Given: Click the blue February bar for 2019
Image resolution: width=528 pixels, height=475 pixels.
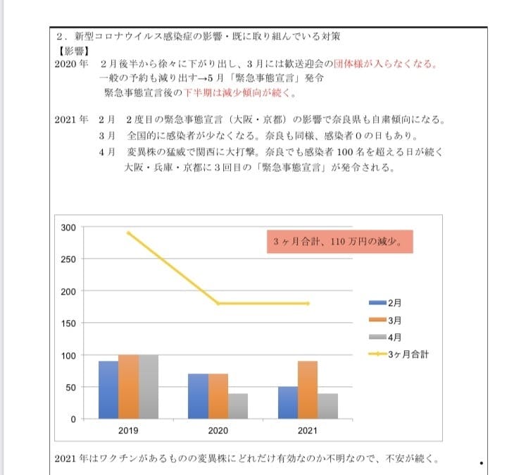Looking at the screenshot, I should coord(108,390).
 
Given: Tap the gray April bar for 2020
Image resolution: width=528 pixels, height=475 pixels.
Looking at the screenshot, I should coord(238,406).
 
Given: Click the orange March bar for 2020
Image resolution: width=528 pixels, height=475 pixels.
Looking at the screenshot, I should coord(218,396).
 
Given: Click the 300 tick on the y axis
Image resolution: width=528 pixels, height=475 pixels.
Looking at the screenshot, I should coord(69,227).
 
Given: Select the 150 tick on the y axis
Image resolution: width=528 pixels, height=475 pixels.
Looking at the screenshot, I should coord(69,323).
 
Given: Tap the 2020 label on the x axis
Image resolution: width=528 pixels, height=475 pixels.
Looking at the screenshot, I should coord(218,429).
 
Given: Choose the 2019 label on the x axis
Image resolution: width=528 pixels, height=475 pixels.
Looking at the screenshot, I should coord(128,429).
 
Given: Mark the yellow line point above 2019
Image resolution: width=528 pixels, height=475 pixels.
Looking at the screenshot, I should coord(128,233).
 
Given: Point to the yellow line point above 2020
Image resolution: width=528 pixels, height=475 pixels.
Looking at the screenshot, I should coord(218,303).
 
